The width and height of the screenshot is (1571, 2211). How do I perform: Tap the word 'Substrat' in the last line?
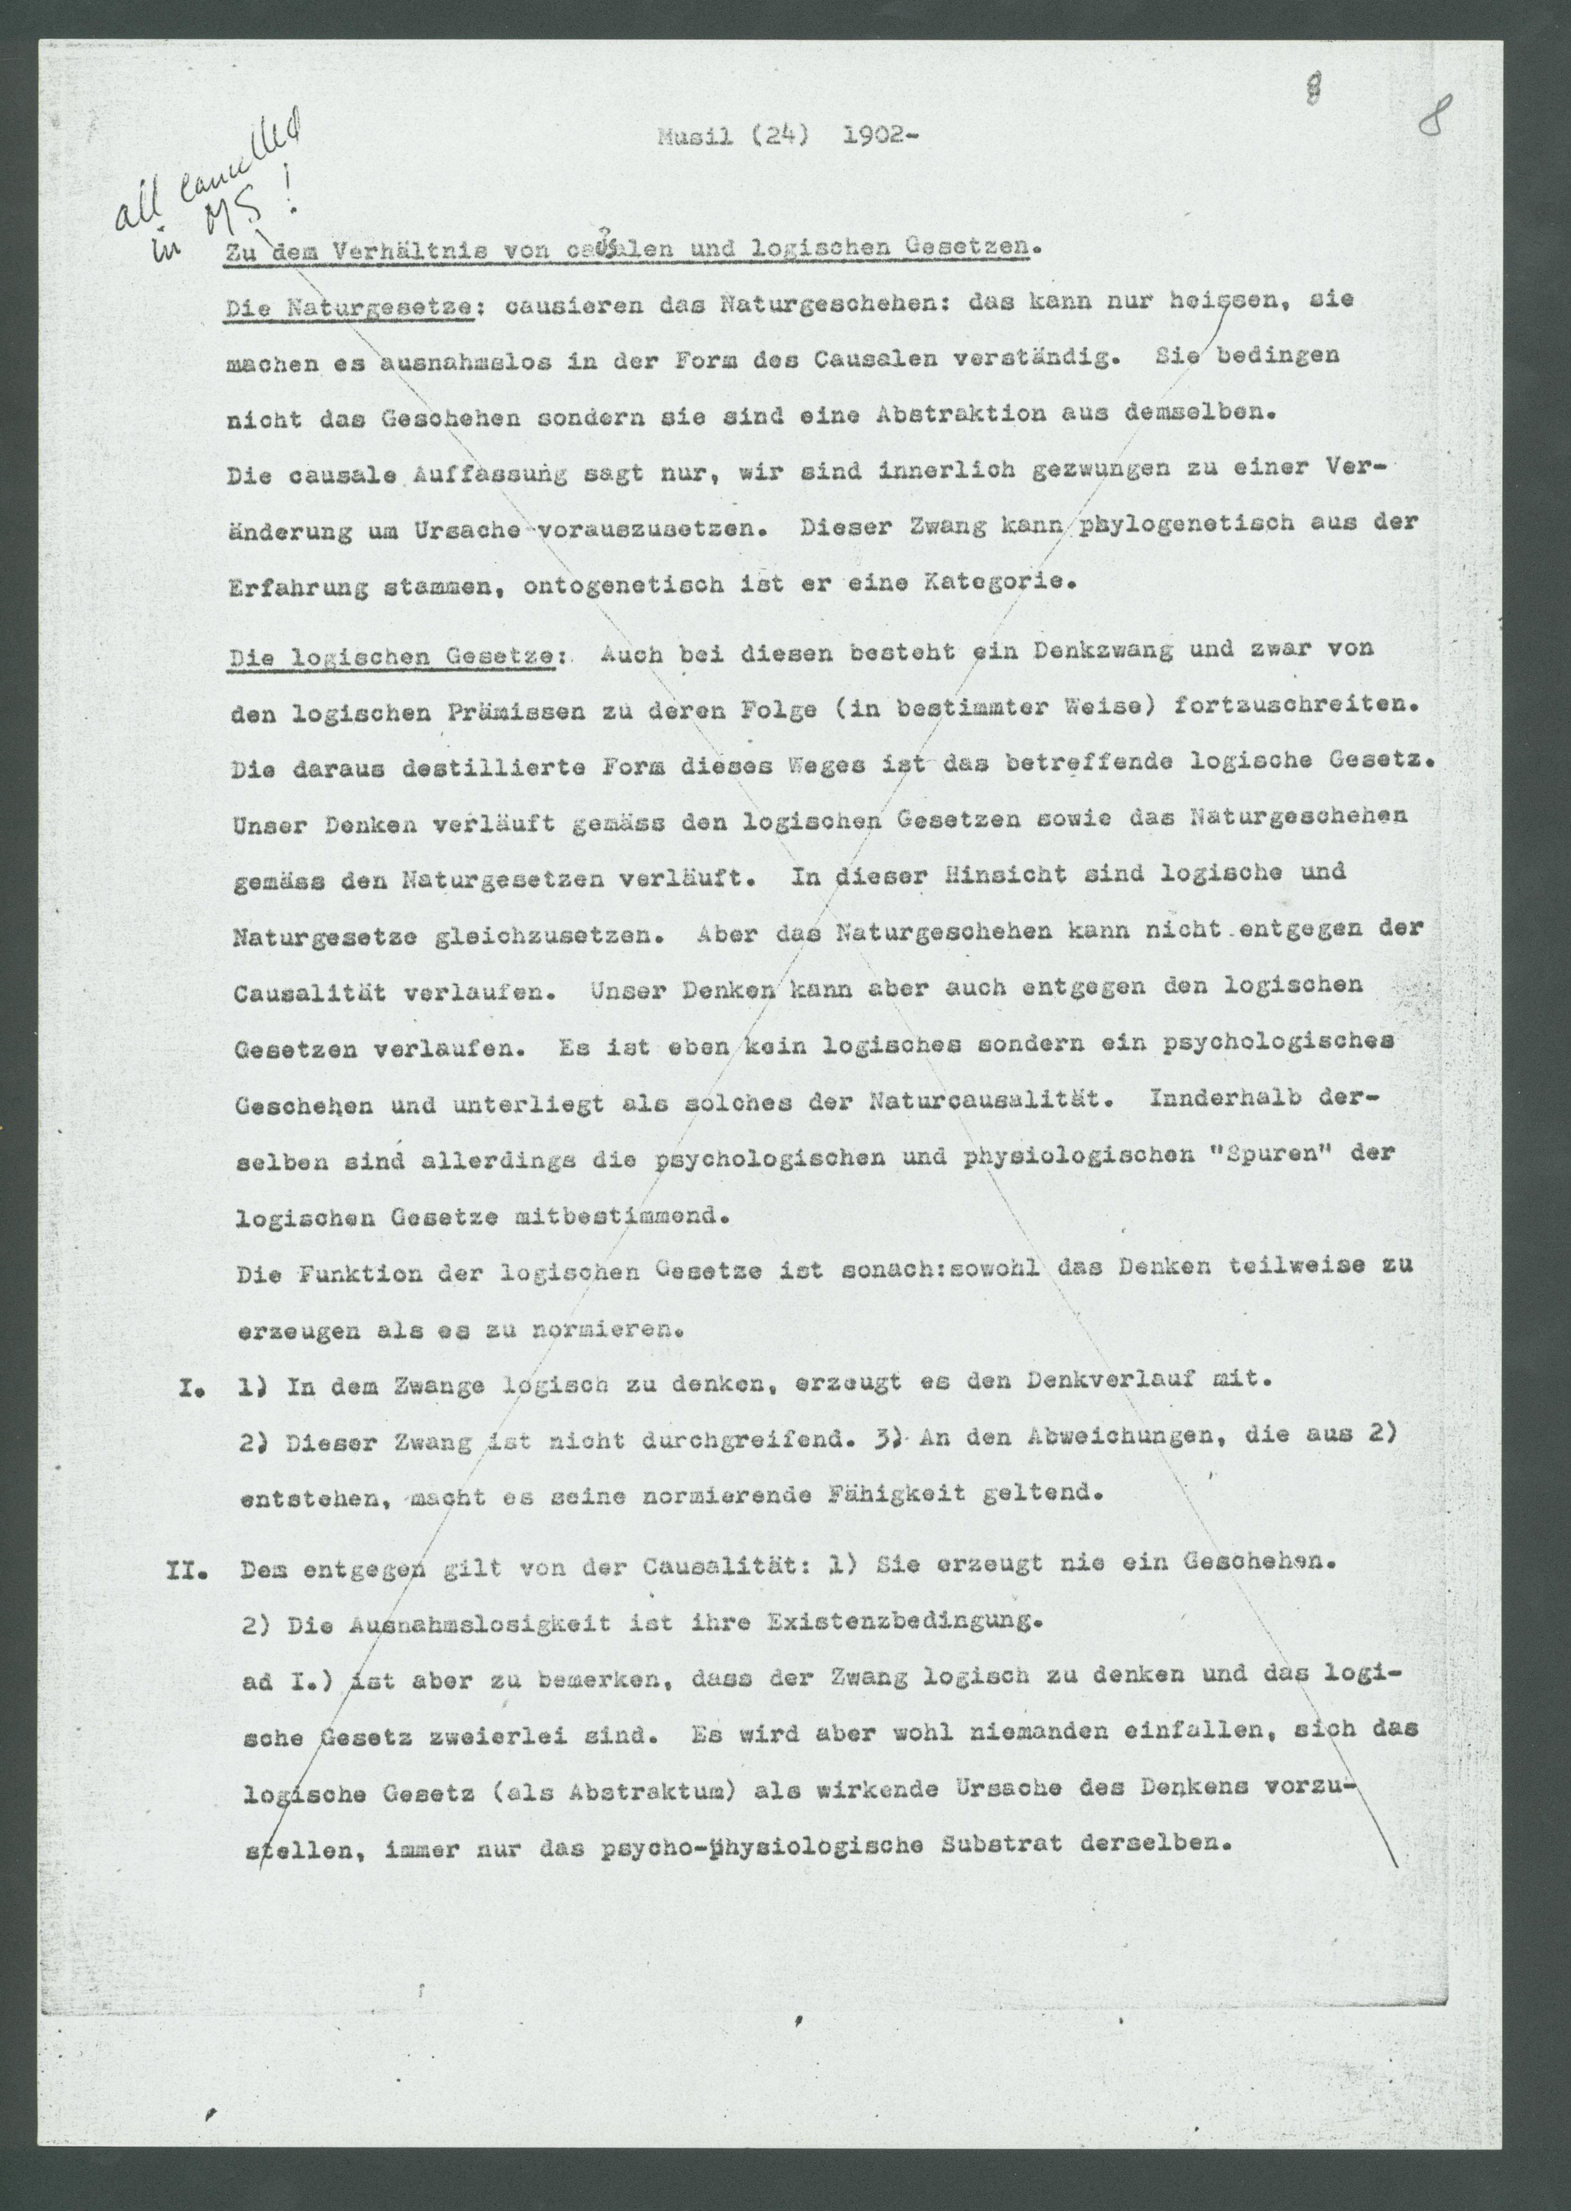[1010, 1843]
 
